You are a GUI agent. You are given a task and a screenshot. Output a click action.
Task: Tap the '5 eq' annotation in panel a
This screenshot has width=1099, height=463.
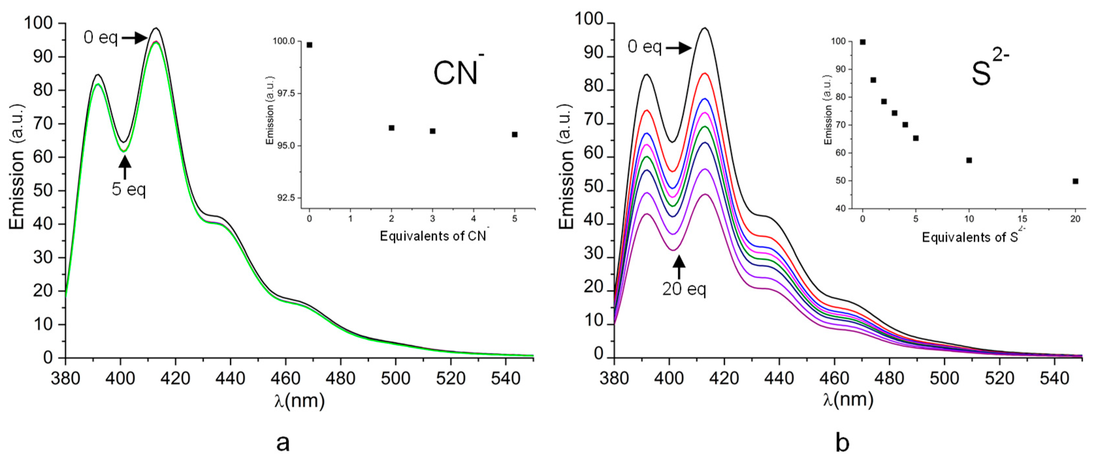pyautogui.click(x=128, y=189)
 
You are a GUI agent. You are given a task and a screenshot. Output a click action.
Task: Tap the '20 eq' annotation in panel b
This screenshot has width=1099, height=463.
pyautogui.click(x=684, y=290)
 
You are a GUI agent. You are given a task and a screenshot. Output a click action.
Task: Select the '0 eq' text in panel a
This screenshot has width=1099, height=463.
pyautogui.click(x=100, y=38)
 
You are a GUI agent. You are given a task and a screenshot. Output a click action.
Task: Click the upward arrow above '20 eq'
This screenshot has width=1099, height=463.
pyautogui.click(x=679, y=266)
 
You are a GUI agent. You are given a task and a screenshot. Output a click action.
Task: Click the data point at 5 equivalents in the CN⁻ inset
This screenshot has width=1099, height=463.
pyautogui.click(x=515, y=134)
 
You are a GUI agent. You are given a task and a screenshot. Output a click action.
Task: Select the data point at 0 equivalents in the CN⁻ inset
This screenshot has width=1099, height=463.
pyautogui.click(x=309, y=45)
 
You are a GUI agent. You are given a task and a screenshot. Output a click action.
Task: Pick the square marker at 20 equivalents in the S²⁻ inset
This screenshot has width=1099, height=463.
pyautogui.click(x=1075, y=181)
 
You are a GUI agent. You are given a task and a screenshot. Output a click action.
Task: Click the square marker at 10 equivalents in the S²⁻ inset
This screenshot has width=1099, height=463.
pyautogui.click(x=969, y=160)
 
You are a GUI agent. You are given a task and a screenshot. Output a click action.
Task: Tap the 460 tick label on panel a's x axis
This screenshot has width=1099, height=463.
pyautogui.click(x=285, y=379)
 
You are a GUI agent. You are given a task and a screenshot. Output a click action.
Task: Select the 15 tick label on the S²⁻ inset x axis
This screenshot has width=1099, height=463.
pyautogui.click(x=1022, y=219)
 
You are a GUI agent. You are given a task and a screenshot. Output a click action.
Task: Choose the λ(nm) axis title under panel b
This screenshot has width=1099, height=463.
pyautogui.click(x=848, y=400)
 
